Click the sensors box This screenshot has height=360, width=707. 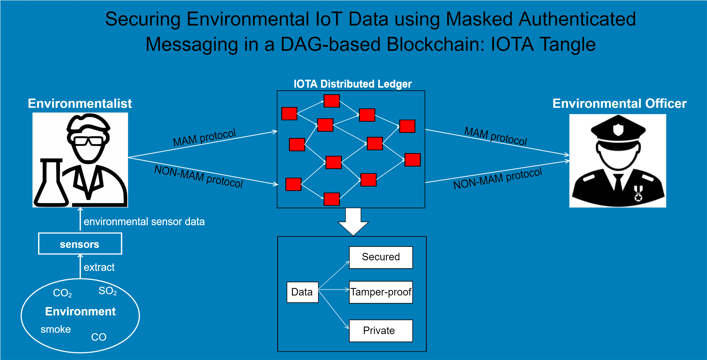[80, 244]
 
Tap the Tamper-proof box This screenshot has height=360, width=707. [381, 292]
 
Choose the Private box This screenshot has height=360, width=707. [381, 331]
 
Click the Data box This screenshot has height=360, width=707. [302, 292]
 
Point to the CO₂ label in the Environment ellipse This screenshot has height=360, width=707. [62, 293]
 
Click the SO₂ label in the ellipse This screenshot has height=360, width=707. [108, 291]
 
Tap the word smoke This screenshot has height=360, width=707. [56, 329]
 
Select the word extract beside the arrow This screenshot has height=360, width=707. [99, 267]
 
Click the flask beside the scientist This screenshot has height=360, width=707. [51, 184]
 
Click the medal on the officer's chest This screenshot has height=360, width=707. [638, 193]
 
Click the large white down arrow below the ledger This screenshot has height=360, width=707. [353, 221]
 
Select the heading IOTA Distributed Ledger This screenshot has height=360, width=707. [353, 84]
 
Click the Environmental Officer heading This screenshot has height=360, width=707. [619, 103]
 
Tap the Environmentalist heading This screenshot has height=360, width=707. [80, 103]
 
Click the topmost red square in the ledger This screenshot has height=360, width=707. [332, 101]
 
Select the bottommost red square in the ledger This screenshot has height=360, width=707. [332, 199]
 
